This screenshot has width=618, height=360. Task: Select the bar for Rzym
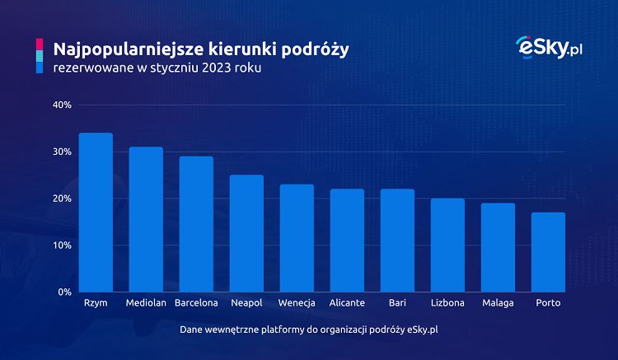coord(96,213)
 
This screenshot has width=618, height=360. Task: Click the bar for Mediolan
coord(146,219)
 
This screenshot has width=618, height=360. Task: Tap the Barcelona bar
coord(196,224)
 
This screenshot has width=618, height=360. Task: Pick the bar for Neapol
coord(246,233)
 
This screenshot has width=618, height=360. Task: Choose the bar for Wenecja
coord(297,238)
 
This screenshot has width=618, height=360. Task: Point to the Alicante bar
coord(347,241)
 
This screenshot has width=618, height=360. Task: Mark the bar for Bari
coord(397,241)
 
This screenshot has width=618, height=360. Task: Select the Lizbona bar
coord(447,245)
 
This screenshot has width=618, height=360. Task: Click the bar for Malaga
coord(498,247)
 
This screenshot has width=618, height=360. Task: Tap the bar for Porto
coord(548,252)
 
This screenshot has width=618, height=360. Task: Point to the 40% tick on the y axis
coord(63,105)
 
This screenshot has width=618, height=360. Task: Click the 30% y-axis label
coord(63,152)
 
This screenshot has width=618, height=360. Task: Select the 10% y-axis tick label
coord(63,245)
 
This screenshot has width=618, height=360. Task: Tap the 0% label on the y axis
coord(65,292)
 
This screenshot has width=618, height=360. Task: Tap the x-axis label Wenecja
coord(297,304)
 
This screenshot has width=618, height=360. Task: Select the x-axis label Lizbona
coord(447,304)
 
